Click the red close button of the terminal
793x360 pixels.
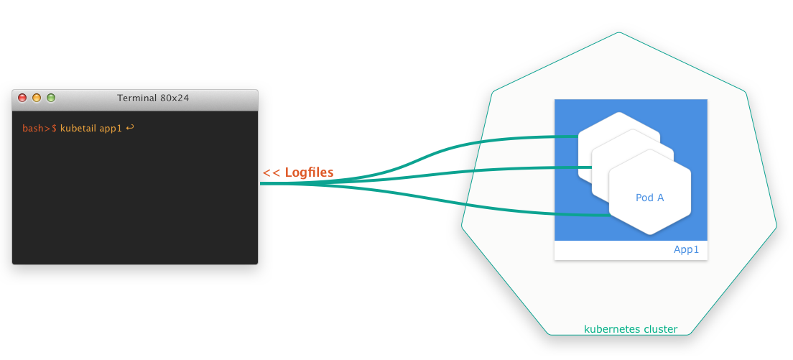[22, 98]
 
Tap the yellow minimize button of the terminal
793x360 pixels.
[37, 98]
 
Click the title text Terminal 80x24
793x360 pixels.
[153, 98]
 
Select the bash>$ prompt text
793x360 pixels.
[40, 129]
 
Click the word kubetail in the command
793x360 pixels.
[78, 129]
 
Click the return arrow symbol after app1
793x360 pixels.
[130, 128]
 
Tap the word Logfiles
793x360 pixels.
[309, 172]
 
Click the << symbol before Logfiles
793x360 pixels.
[271, 172]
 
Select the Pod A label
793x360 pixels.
[650, 198]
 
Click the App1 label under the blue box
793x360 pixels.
[686, 250]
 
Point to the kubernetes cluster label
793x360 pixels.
[631, 329]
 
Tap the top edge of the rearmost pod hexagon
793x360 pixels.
[618, 114]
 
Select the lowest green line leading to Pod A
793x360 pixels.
[503, 208]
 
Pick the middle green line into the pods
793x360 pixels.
[503, 170]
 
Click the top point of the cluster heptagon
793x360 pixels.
[618, 32]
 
